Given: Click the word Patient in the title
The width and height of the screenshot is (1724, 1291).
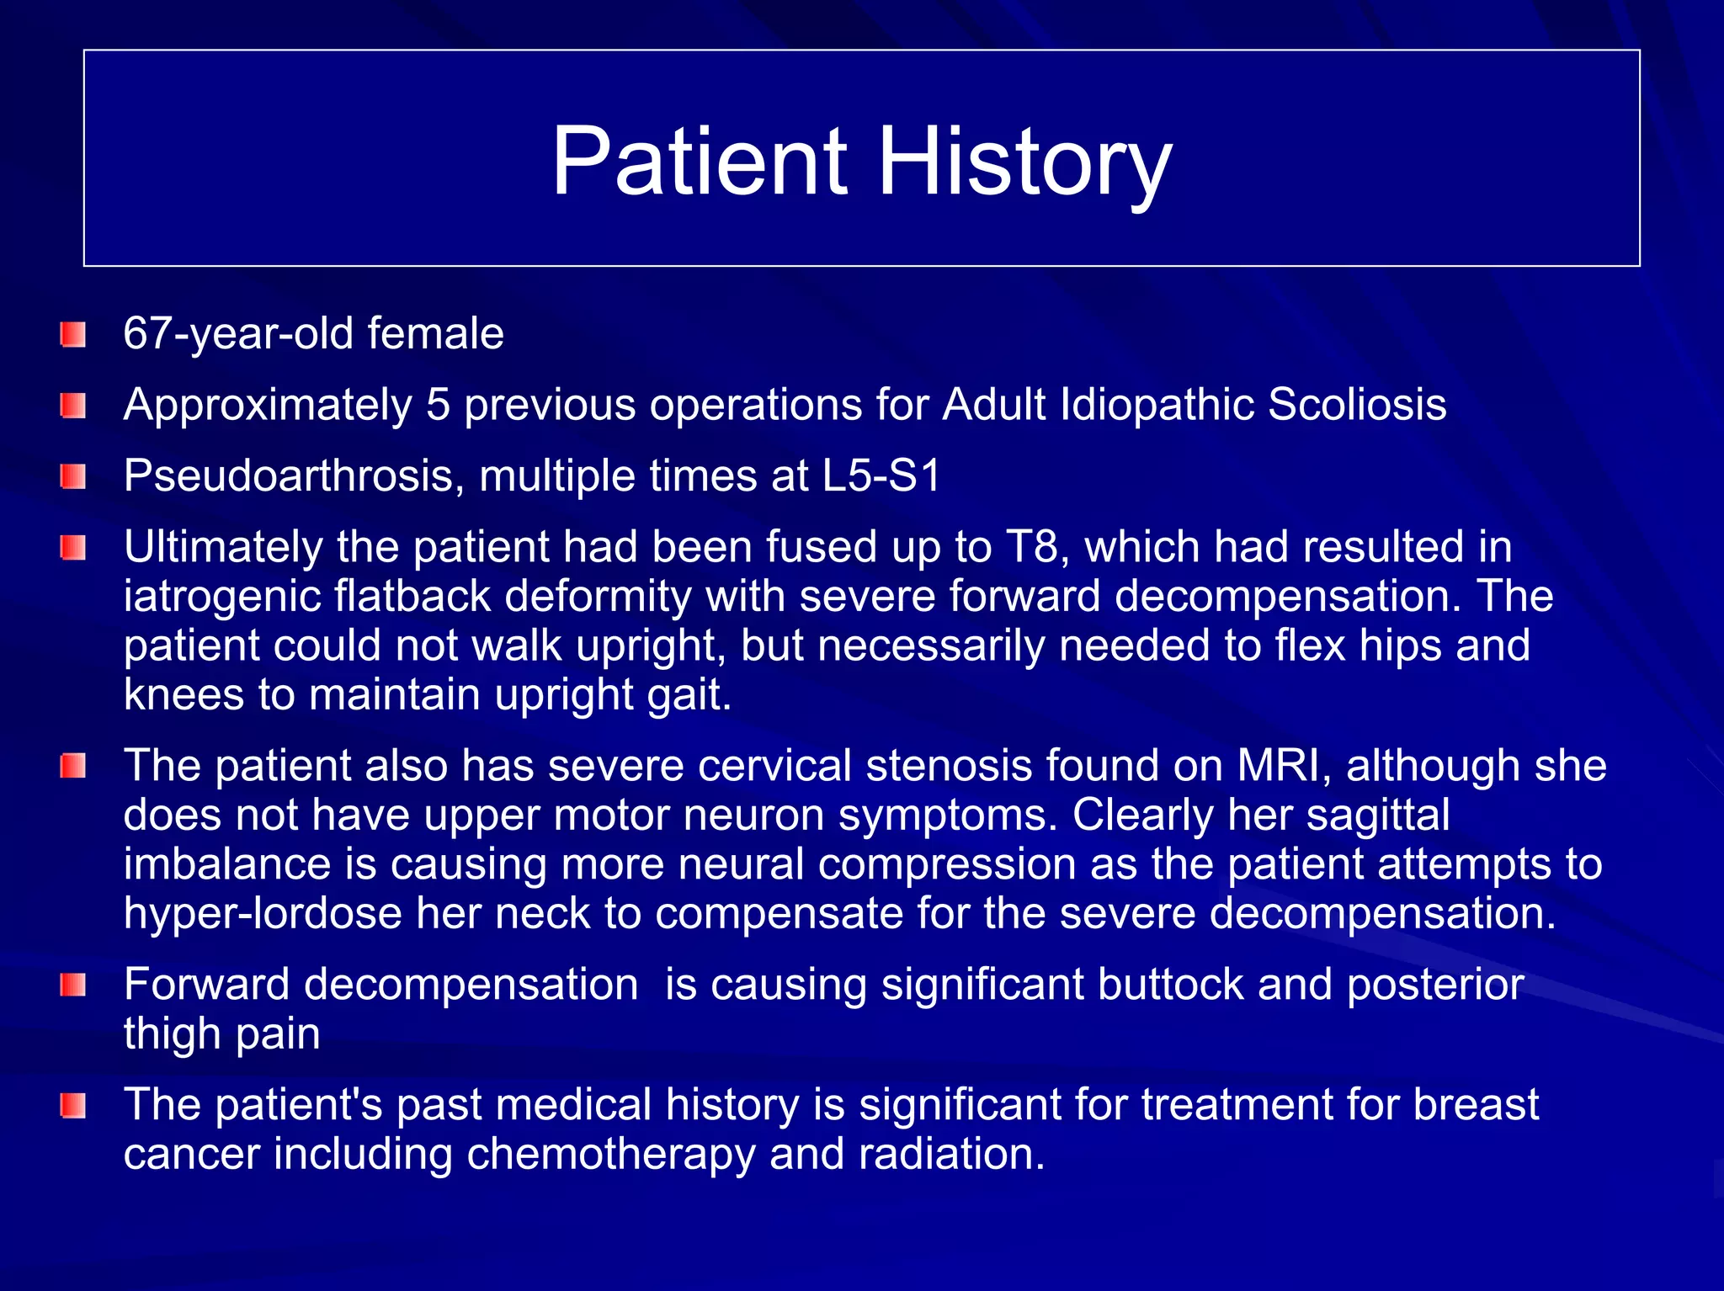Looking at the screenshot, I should [x=699, y=162].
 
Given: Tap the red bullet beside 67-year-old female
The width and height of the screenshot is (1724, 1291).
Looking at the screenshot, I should [x=73, y=335].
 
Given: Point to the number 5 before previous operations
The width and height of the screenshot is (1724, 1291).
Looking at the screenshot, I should [x=438, y=405].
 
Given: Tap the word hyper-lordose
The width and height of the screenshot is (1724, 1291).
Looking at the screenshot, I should [x=263, y=914].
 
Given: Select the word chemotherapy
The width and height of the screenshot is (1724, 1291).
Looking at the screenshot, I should [x=610, y=1154].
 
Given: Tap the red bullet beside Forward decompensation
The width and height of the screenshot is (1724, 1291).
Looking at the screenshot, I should [x=73, y=985].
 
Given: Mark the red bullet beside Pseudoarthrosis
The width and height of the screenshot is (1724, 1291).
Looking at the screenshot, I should [x=73, y=477].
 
